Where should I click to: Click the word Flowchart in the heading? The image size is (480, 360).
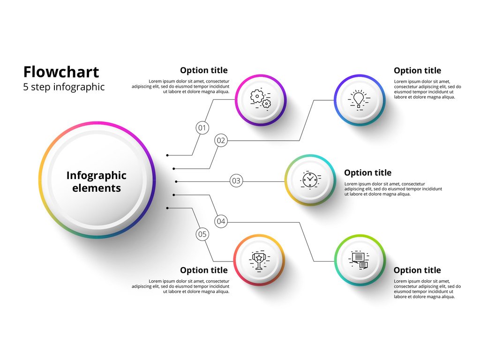(x=61, y=72)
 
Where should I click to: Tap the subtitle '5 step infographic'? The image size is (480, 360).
(x=64, y=87)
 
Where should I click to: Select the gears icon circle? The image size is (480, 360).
(x=261, y=99)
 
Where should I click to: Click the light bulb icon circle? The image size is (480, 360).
(x=359, y=100)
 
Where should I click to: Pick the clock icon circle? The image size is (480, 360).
(x=310, y=180)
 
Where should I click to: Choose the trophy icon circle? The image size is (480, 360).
(x=259, y=260)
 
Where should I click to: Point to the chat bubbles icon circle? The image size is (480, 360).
(x=360, y=260)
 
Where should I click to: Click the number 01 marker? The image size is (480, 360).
(x=202, y=127)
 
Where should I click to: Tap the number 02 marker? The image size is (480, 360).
(x=221, y=140)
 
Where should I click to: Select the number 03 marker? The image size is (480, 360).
(x=236, y=180)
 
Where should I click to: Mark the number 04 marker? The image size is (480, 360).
(x=221, y=221)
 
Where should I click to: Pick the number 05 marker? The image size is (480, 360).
(x=202, y=234)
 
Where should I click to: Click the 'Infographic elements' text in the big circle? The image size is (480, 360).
(x=96, y=182)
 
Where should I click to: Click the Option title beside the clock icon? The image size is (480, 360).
(x=367, y=173)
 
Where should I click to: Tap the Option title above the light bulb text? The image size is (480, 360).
(x=417, y=71)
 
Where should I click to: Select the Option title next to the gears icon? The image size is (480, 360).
(x=203, y=70)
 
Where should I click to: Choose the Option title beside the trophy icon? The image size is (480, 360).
(x=203, y=270)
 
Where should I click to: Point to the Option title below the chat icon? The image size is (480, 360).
(x=417, y=270)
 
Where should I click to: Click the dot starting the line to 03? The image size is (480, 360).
(x=176, y=181)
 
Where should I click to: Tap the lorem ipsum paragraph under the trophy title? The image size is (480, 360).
(x=180, y=286)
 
